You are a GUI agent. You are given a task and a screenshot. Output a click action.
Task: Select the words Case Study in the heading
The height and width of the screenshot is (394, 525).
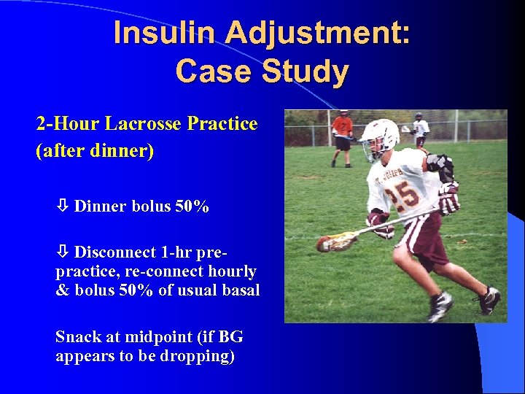pos(262,72)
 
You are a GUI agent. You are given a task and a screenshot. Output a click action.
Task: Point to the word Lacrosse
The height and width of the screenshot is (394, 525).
pos(149,123)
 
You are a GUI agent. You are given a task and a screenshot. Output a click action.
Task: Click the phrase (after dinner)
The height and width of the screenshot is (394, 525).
pos(95,152)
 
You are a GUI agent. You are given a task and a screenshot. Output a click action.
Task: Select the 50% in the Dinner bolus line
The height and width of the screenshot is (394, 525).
pos(192,206)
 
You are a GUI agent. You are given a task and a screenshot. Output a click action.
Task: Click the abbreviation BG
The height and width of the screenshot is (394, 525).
pos(230,337)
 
